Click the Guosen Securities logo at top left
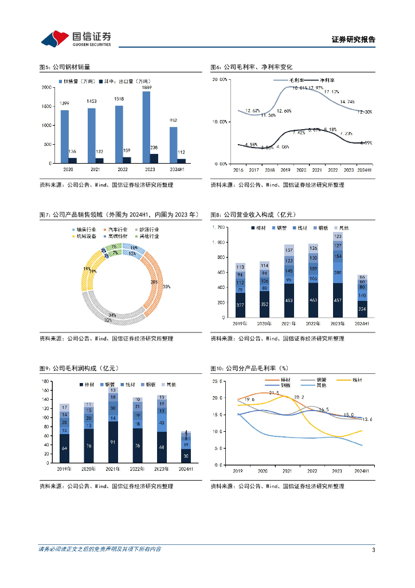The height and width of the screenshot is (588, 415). (76, 38)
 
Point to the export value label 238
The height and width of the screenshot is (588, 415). (154, 148)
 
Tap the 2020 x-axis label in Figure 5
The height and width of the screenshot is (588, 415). (68, 171)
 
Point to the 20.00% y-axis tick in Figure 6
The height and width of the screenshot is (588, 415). (220, 80)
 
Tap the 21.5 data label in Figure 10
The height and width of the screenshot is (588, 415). (274, 393)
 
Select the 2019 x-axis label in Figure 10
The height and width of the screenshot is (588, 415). (237, 471)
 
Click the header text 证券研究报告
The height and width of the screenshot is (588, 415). (353, 40)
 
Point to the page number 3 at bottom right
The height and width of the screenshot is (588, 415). (373, 550)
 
